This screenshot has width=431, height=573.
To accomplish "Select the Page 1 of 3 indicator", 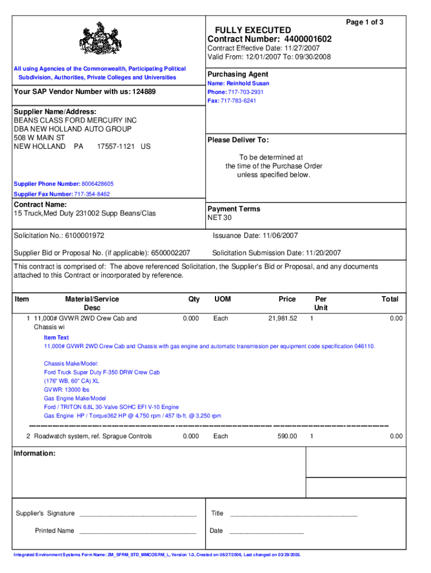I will point(365,22).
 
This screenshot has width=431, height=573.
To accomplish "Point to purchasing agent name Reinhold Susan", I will point(248,83).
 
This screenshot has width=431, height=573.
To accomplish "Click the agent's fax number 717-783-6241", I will point(242,101).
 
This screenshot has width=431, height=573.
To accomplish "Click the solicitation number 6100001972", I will point(85,236).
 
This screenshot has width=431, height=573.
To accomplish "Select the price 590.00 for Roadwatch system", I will point(287,436).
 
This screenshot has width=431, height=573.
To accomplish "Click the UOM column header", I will point(222,299).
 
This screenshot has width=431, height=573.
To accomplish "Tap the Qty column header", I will point(194,299).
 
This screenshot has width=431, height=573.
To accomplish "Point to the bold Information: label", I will point(34,453).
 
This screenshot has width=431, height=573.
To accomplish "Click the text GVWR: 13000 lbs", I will point(67,389).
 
